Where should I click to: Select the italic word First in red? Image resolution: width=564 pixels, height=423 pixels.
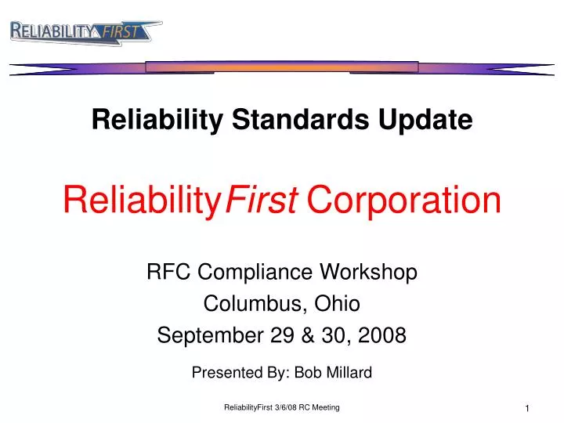(261, 201)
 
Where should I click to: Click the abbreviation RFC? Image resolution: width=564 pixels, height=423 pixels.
(164, 273)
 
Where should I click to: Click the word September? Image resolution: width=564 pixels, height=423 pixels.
(200, 336)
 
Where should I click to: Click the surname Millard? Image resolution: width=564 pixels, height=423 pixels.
(347, 373)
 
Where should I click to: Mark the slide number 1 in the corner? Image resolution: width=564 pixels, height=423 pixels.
(528, 410)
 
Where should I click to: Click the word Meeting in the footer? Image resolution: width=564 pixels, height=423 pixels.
(326, 409)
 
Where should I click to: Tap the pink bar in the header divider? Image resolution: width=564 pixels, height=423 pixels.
(281, 67)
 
